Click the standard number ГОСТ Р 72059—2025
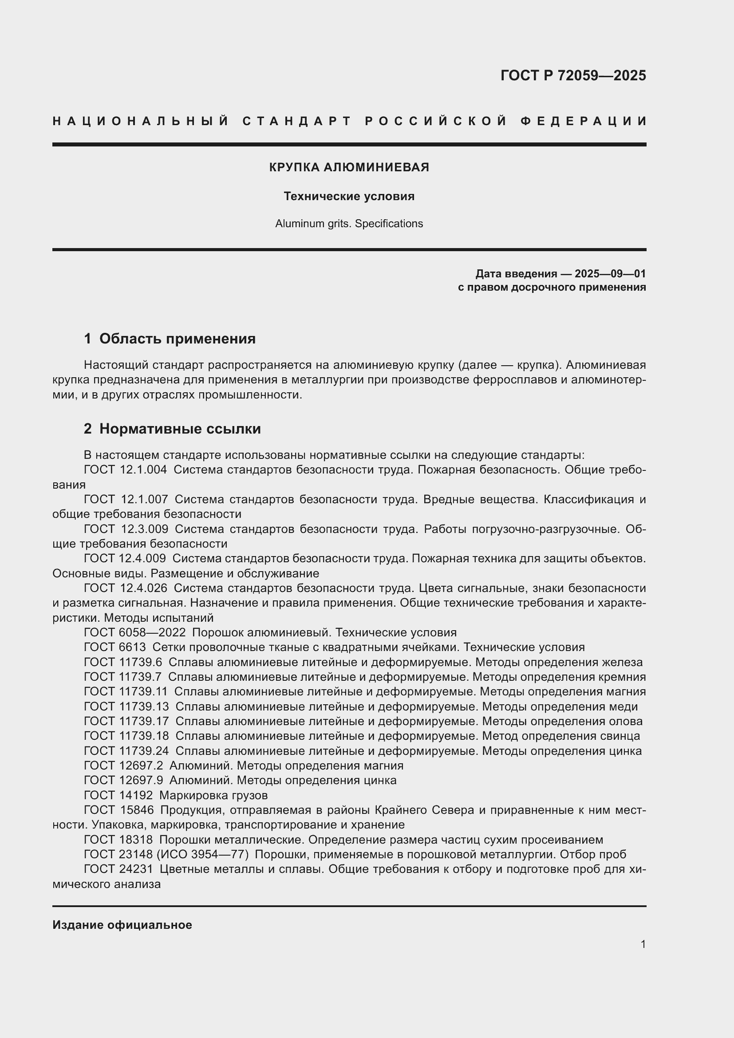tap(572, 75)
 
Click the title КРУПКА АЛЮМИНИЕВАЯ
tap(349, 167)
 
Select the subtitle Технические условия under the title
tap(349, 196)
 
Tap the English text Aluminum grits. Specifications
tap(349, 224)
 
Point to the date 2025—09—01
tap(610, 273)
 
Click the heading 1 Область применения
tap(170, 339)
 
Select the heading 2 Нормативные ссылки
tap(172, 429)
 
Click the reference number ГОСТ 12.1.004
tap(125, 470)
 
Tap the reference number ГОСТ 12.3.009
tap(126, 529)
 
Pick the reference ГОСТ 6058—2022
tap(135, 632)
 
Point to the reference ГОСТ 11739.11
tap(126, 692)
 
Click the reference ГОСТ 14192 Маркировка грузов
tap(176, 795)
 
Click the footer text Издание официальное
tap(122, 925)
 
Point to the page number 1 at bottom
tap(643, 944)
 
